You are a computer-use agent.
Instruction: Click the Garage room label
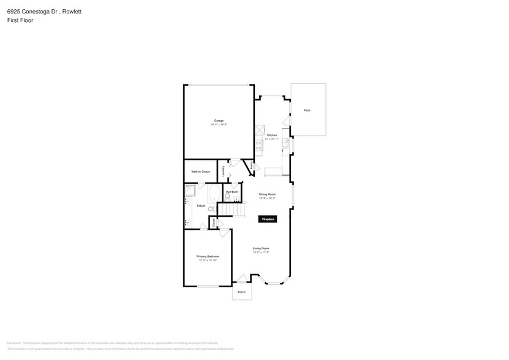tap(219, 121)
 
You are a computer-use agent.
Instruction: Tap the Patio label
tap(307, 110)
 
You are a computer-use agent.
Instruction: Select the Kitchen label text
tap(272, 135)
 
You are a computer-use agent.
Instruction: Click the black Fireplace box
tap(268, 219)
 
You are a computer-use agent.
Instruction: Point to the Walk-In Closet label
tap(200, 171)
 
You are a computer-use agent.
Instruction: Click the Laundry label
tap(224, 171)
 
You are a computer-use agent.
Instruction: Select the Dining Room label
tap(267, 194)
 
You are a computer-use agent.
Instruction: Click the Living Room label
tap(262, 248)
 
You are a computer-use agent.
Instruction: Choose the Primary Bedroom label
tap(208, 256)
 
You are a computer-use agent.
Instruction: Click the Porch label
tap(241, 292)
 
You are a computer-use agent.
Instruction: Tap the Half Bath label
tap(232, 192)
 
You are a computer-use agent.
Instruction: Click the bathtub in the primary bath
tap(214, 195)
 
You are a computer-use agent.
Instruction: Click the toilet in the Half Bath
tap(228, 198)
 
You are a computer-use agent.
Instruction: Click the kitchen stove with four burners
tap(259, 146)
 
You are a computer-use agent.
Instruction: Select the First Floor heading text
tap(21, 20)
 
